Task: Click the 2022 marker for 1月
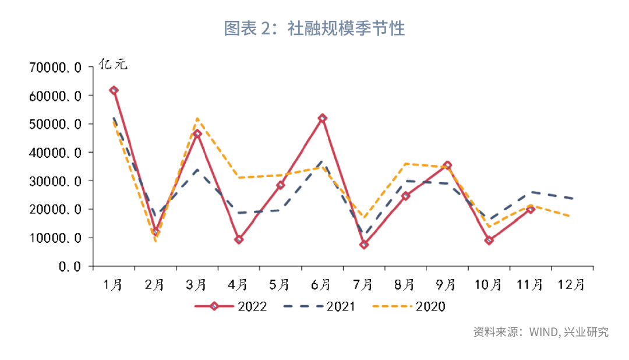[114, 90]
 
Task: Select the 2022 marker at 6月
[322, 118]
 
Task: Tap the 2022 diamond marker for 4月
[239, 239]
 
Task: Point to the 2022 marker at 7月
[364, 245]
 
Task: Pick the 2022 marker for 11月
[531, 210]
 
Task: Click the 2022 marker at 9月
[447, 165]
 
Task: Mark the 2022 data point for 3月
[197, 134]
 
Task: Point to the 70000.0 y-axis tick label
[56, 68]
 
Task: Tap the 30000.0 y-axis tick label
[56, 181]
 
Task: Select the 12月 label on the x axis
[571, 285]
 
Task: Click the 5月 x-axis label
[280, 285]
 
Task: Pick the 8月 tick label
[405, 285]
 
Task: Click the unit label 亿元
[112, 64]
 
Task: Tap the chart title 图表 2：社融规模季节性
[314, 28]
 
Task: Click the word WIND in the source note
[544, 332]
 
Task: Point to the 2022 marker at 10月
[489, 241]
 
